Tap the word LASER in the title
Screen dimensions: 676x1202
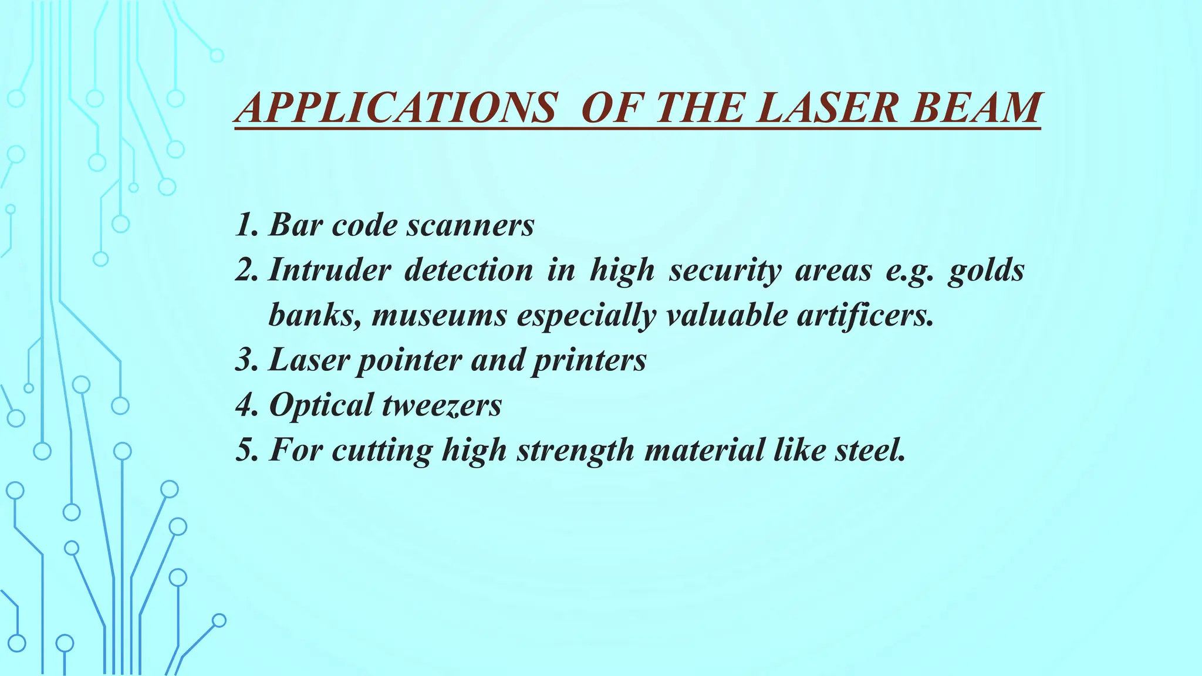click(828, 109)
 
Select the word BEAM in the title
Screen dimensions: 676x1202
click(977, 109)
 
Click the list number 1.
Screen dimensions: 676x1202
click(245, 225)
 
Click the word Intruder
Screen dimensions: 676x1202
click(329, 271)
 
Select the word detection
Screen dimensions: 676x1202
click(469, 271)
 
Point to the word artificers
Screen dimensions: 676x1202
click(865, 316)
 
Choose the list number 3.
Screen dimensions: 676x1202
click(245, 360)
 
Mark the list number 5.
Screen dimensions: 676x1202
click(245, 450)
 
